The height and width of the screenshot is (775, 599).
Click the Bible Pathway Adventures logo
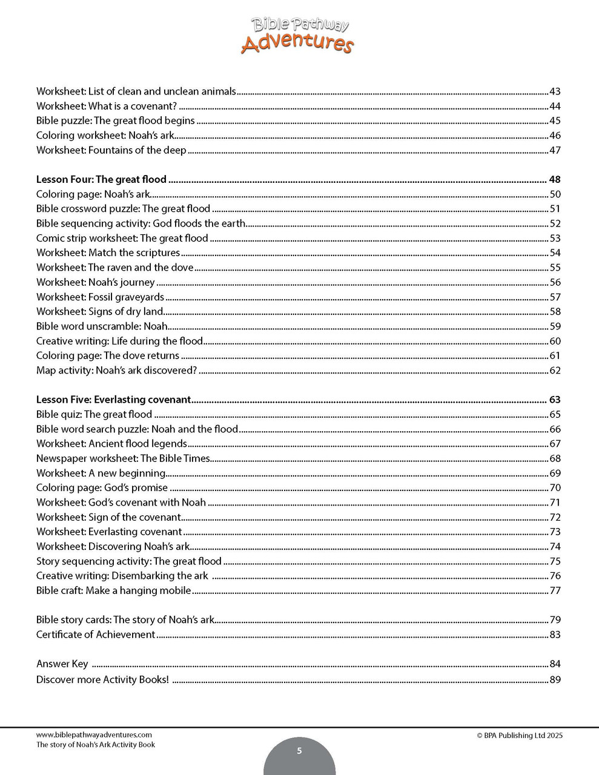coord(297,35)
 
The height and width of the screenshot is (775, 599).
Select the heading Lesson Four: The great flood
coord(101,179)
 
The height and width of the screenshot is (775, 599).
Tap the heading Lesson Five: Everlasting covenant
coord(113,400)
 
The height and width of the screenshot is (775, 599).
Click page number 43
coord(555,91)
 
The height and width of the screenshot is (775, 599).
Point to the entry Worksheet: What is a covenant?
coord(107,106)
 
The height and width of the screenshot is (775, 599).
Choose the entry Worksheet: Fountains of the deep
coord(111,150)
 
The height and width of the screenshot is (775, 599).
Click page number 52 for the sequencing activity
coord(555,223)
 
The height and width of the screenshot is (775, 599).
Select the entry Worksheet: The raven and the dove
coord(115,268)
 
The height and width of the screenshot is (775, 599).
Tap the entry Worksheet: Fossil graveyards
coord(100,297)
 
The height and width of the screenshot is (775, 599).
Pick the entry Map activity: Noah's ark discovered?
coord(116,371)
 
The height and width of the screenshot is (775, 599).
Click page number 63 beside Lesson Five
coord(555,400)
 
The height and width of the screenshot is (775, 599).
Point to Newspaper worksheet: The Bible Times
coord(123,458)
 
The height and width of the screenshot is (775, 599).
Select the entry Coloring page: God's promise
coord(102,487)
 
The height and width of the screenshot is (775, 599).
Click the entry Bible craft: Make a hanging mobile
coord(113,590)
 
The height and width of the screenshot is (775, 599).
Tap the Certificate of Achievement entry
coord(96,635)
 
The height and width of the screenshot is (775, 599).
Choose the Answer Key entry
coord(62,664)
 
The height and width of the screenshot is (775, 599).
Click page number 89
coord(555,679)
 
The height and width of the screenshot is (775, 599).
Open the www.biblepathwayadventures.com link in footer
coord(94,735)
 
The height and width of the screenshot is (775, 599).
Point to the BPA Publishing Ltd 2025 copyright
coord(520,736)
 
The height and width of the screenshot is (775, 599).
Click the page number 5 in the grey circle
coord(299,751)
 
